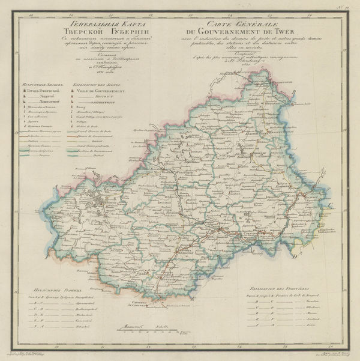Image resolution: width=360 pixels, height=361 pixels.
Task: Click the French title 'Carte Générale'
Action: coord(225,23)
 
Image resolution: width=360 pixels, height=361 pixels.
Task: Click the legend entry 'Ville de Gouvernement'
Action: coord(99,91)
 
